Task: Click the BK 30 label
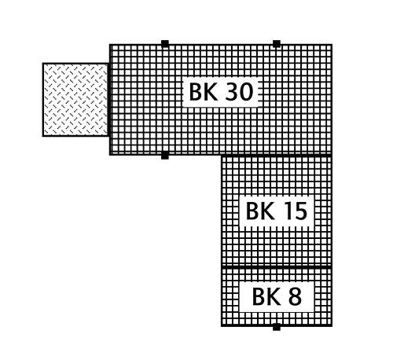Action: coord(222,92)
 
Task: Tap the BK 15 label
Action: coord(277,211)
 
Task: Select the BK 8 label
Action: coord(277,296)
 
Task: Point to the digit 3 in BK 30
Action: coord(231,92)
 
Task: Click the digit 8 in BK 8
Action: coord(295,296)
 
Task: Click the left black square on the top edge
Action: coord(165,43)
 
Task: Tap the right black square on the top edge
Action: coord(277,43)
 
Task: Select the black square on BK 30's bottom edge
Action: coord(165,156)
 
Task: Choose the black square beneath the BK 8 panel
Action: coord(277,327)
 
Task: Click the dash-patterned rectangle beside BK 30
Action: coord(75,100)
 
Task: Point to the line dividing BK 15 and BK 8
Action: coord(277,266)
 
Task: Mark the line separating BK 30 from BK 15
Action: coord(277,156)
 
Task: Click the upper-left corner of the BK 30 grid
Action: coord(110,45)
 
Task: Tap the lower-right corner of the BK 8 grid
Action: coord(332,326)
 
